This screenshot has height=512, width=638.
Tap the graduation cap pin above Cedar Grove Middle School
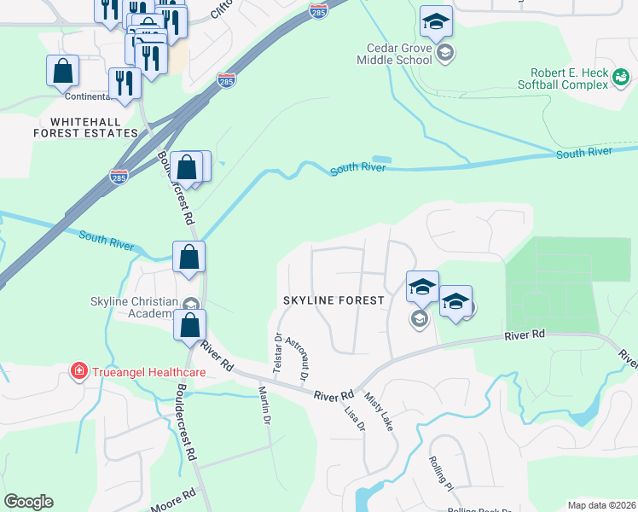click(436, 21)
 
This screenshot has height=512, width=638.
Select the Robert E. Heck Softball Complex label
click(564, 79)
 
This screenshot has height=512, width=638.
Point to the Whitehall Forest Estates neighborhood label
click(85, 128)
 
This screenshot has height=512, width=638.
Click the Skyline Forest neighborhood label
click(334, 301)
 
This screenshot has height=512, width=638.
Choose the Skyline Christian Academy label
click(134, 308)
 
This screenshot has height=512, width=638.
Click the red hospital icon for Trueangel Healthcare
click(78, 371)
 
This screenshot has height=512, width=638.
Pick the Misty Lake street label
click(379, 411)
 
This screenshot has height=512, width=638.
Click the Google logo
click(28, 502)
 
